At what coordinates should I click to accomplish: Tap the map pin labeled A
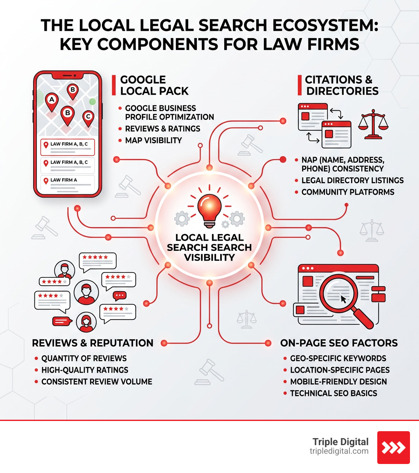point(52,100)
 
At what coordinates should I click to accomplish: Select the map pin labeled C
point(88,118)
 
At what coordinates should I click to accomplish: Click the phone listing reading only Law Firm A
point(67,182)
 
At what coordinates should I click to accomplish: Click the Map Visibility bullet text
point(153,140)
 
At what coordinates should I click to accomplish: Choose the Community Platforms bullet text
point(348,192)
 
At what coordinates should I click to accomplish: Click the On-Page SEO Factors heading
point(339,343)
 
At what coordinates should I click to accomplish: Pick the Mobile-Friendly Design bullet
point(338,382)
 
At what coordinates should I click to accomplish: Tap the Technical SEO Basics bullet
point(333,393)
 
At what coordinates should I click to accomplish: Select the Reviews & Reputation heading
point(92,343)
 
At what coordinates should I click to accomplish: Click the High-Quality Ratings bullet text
point(85,370)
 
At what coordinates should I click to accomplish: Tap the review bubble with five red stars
point(97,260)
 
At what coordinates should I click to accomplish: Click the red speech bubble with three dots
point(119,295)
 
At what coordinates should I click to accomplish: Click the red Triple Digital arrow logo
point(393,447)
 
